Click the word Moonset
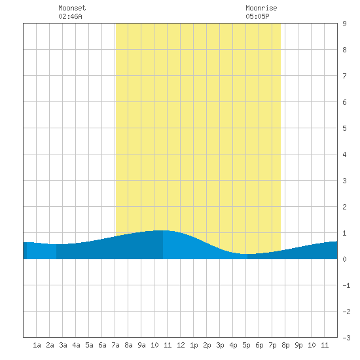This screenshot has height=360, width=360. pos(72,8)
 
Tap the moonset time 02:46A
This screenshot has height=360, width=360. pos(70,16)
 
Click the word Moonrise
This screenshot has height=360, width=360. pos(261,8)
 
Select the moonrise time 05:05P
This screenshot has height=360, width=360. pos(257,16)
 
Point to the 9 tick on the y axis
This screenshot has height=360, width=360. pos(344,24)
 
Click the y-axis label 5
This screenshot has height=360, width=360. pos(344,128)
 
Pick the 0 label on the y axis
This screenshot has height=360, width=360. pos(344,259)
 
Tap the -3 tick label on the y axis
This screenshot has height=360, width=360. pos(346,338)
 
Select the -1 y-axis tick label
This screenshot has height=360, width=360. pos(346,285)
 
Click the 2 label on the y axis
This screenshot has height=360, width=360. pos(344,207)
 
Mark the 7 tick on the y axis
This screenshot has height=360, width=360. pos(344,76)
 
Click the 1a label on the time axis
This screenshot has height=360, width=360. pos(37,345)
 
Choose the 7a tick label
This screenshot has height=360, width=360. pos(115,345)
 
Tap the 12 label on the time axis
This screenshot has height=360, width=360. pos(181,345)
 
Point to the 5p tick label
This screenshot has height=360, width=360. pos(246,345)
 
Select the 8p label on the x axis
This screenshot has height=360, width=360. pos(285,345)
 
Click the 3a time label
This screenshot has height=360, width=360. pos(63,345)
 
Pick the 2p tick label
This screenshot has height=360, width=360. pos(207,345)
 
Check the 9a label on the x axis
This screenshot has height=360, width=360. pos(141,345)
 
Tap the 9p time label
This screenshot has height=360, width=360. pos(298,345)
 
